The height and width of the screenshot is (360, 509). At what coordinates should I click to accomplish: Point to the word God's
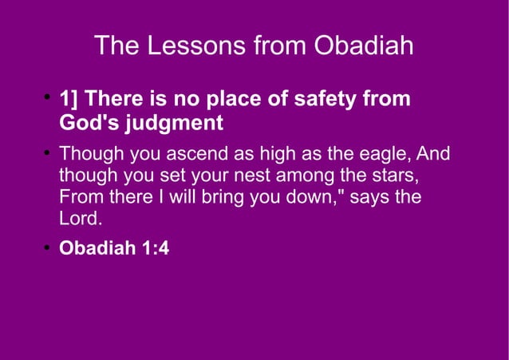pyautogui.click(x=89, y=124)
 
